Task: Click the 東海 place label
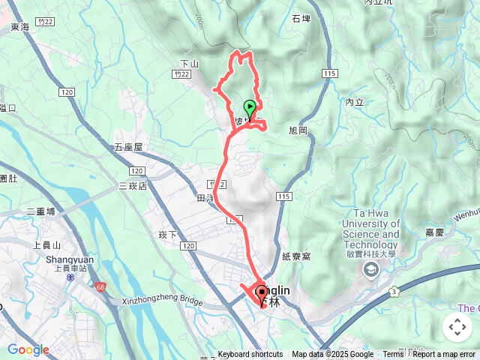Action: click(20, 28)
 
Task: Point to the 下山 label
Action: click(189, 64)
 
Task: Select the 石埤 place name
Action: click(302, 19)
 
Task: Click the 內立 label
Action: click(355, 101)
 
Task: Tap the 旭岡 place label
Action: click(298, 130)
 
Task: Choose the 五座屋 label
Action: click(127, 147)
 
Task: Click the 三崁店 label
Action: click(133, 185)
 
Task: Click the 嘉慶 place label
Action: click(435, 232)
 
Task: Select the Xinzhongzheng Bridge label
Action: click(163, 301)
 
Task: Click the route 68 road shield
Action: click(100, 286)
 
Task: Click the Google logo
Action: click(28, 349)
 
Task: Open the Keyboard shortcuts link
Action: click(250, 355)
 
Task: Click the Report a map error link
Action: click(445, 355)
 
